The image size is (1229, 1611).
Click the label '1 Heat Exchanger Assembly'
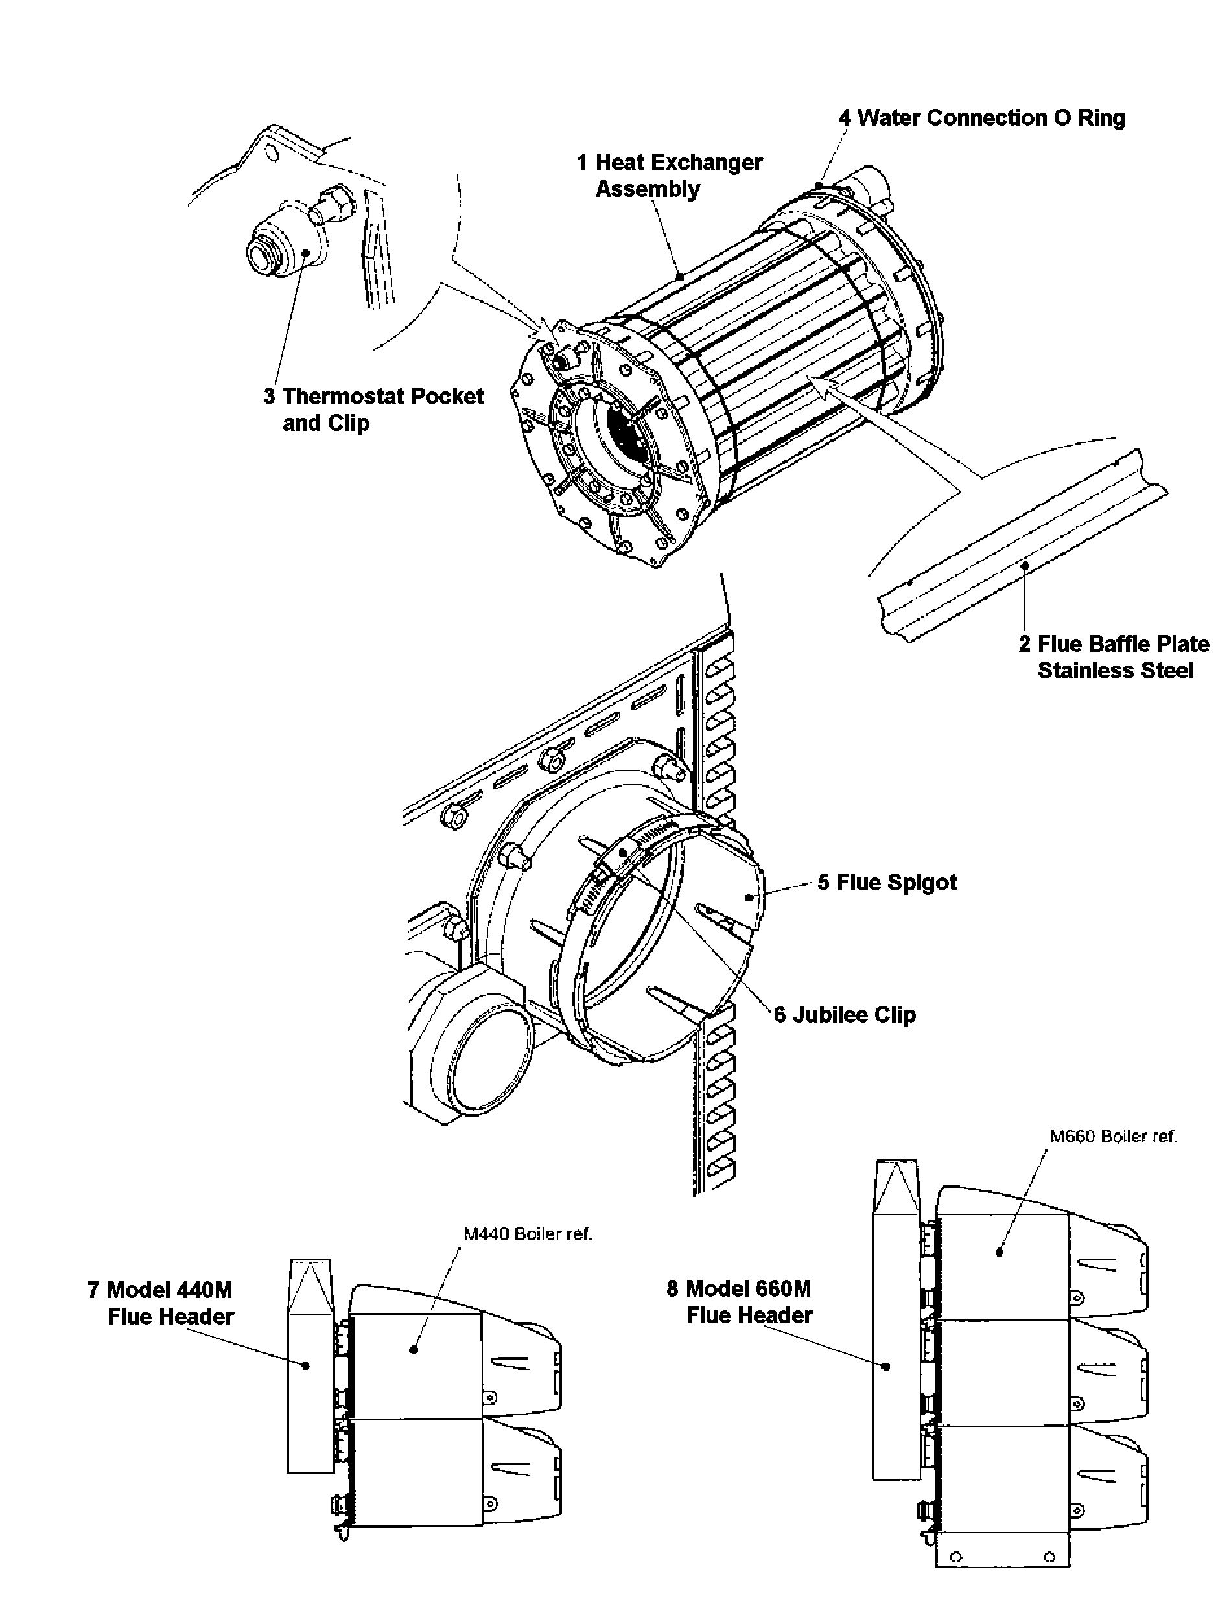click(x=670, y=176)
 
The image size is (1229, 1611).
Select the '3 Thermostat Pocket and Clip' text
click(x=374, y=410)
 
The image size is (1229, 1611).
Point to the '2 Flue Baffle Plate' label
click(x=1114, y=643)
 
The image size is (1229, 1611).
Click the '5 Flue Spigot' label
click(x=887, y=883)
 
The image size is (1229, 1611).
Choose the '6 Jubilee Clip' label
click(x=845, y=1015)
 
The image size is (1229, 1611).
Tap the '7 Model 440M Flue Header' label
click(x=161, y=1304)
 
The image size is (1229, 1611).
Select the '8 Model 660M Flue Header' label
click(x=740, y=1303)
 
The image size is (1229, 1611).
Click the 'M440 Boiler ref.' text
click(x=528, y=1234)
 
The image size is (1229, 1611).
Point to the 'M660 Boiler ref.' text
click(x=1114, y=1137)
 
